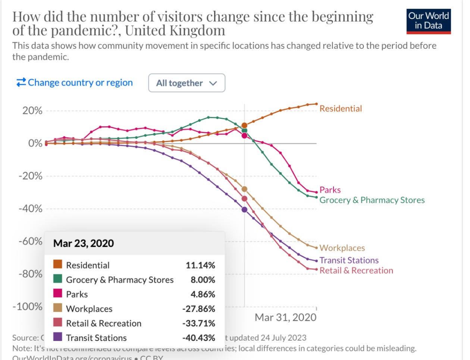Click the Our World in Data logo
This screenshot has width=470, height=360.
[x=429, y=21]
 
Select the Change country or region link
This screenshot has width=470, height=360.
[x=75, y=82]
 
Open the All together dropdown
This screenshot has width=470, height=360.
[x=187, y=83]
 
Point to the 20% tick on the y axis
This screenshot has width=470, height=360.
[x=32, y=111]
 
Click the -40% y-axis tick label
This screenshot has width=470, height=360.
[x=31, y=209]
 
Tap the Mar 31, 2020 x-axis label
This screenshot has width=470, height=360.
[x=285, y=317]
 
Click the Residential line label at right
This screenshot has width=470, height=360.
[x=341, y=108]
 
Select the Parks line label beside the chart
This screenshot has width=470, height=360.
[x=330, y=190]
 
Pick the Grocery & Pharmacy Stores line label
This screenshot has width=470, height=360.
[x=372, y=200]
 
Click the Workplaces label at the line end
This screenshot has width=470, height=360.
[x=342, y=248]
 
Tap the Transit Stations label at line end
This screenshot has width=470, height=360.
[x=349, y=260]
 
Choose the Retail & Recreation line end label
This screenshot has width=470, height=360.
[x=356, y=271]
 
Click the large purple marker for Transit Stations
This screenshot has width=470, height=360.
[x=244, y=209]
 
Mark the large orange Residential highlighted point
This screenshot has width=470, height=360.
[x=244, y=126]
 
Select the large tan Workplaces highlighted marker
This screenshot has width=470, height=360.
[x=244, y=189]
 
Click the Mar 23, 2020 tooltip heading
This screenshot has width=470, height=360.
[x=84, y=243]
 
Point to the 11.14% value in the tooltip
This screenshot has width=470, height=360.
[x=200, y=265]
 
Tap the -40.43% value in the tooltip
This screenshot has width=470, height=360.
[x=198, y=338]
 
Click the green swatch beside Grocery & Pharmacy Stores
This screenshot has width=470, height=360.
[x=57, y=279]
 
